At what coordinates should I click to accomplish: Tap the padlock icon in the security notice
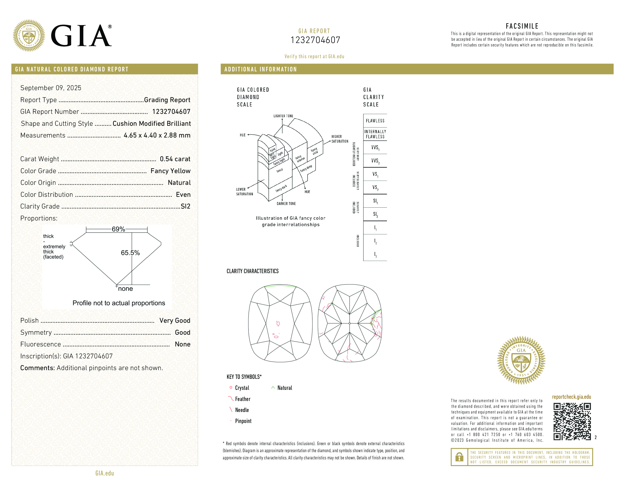(x=459, y=457)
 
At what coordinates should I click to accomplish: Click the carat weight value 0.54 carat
(x=175, y=159)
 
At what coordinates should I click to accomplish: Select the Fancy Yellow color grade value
(x=170, y=171)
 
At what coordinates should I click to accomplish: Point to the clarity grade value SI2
(x=185, y=206)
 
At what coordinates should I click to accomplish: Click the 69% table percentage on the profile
(x=118, y=229)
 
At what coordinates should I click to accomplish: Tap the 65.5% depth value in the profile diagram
(x=130, y=253)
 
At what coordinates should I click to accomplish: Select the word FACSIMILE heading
(x=522, y=26)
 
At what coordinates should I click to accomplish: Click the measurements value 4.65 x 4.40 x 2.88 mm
(x=157, y=135)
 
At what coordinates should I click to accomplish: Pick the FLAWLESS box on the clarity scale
(x=375, y=121)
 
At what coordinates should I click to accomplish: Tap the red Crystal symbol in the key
(x=231, y=388)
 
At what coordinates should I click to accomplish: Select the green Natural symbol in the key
(x=273, y=388)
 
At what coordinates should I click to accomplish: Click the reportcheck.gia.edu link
(x=571, y=397)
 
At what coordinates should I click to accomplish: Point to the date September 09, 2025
(x=51, y=88)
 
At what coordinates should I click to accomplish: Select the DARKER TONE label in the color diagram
(x=286, y=204)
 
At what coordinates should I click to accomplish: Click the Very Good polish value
(x=175, y=320)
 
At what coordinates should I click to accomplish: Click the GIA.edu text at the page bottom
(x=105, y=473)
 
